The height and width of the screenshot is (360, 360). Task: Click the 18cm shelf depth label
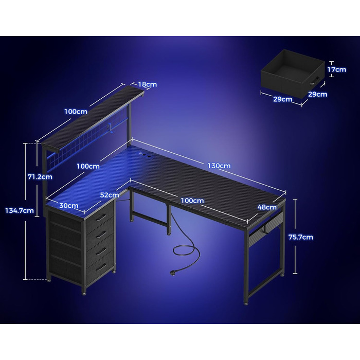[x=148, y=84]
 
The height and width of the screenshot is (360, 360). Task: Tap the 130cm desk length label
[x=219, y=166]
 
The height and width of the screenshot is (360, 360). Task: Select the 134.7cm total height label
[x=20, y=210]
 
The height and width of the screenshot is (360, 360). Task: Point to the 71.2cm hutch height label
[x=40, y=177]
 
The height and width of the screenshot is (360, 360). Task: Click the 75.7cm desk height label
[x=300, y=237]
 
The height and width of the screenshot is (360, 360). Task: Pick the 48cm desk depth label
[x=267, y=207]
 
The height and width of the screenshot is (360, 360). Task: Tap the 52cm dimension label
[x=110, y=195]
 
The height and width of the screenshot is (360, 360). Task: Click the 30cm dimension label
[x=68, y=206]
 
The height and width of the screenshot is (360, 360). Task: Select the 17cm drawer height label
[x=336, y=69]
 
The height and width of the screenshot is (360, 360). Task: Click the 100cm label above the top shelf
[x=76, y=112]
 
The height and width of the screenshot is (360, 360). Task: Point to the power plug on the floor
[x=172, y=273]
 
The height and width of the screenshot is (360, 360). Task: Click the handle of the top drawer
[x=101, y=217]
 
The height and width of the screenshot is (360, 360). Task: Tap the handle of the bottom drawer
[x=101, y=267]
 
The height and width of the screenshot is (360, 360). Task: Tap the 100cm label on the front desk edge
[x=192, y=201]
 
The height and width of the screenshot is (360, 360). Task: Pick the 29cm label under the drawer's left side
[x=283, y=99]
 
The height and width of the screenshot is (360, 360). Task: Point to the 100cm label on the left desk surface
[x=88, y=166]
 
